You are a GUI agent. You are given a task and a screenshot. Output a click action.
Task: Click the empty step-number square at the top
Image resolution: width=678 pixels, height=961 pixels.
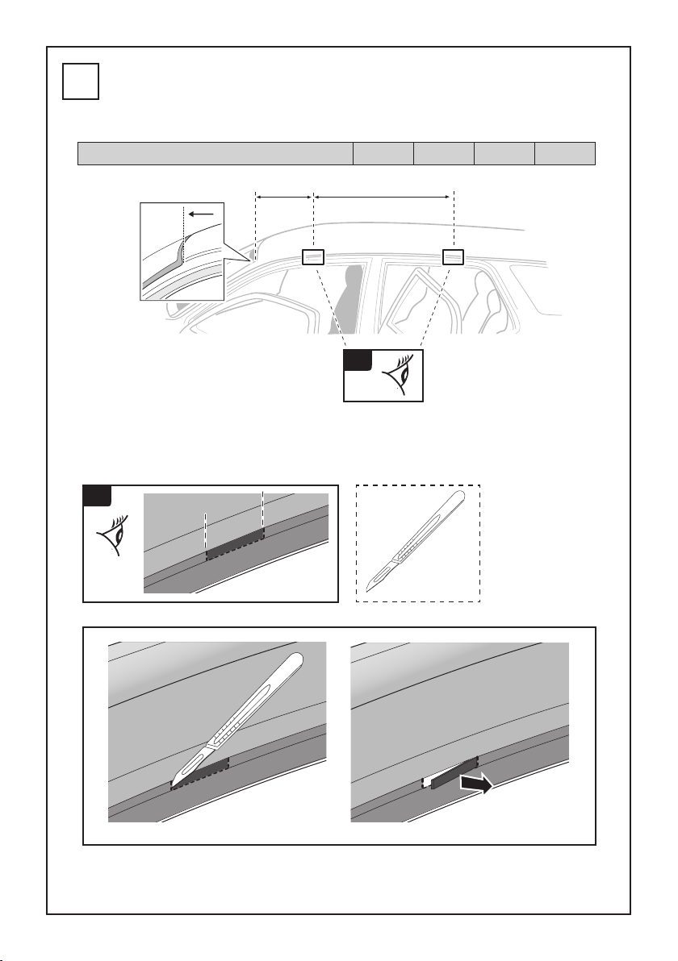click(81, 82)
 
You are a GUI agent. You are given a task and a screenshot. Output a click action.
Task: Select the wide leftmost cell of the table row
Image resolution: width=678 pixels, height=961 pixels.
click(216, 153)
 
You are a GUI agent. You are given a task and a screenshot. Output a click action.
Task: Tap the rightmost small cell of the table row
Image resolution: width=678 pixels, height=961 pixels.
click(565, 153)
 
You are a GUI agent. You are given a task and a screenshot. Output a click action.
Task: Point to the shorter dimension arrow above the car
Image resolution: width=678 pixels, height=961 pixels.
click(283, 194)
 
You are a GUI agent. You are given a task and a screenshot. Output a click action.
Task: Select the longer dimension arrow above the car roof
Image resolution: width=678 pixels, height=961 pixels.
click(381, 194)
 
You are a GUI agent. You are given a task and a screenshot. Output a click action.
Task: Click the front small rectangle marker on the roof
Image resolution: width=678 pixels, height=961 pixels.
click(313, 257)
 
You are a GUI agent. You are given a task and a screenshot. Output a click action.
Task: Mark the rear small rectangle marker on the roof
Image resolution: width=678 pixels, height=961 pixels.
click(454, 257)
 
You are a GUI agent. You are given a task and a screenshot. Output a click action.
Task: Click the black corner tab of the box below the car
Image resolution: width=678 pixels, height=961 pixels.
click(356, 360)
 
